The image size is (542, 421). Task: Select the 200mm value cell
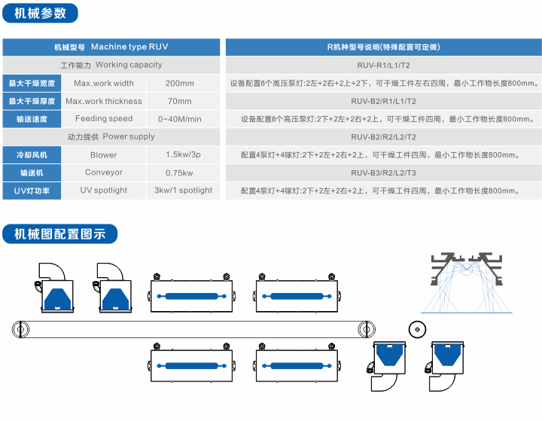(x=179, y=83)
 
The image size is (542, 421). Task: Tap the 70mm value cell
(x=179, y=101)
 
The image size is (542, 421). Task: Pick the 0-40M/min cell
(x=179, y=119)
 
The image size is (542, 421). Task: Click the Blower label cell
(x=104, y=155)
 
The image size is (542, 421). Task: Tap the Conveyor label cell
(x=104, y=172)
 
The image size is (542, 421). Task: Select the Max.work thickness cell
(x=104, y=101)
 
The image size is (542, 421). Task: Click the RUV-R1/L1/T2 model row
(x=383, y=65)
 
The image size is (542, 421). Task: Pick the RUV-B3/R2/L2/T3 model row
(x=383, y=172)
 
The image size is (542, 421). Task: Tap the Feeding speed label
(x=104, y=119)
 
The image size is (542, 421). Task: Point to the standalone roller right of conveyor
(x=415, y=329)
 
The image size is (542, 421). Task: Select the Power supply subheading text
(x=111, y=137)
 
